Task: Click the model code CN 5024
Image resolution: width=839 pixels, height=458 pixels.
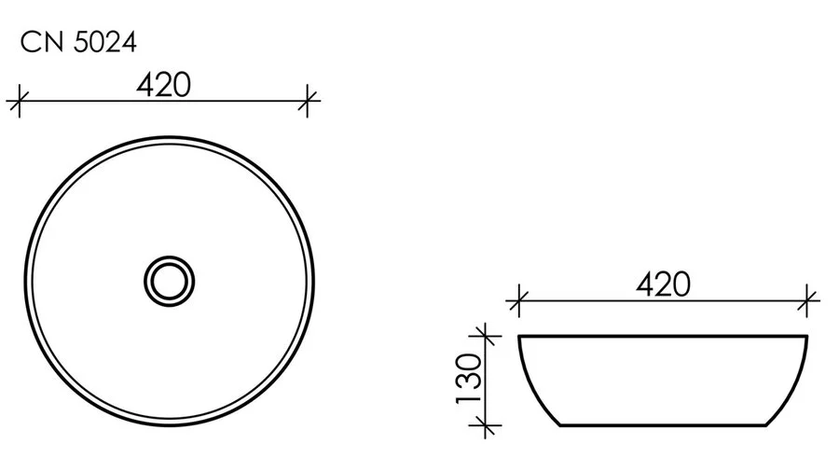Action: point(78,43)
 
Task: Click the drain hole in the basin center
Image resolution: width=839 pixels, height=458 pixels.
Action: point(170,278)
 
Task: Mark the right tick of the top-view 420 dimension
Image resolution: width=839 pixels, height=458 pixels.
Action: point(308,99)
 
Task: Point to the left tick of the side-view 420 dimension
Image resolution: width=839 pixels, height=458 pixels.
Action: point(518,300)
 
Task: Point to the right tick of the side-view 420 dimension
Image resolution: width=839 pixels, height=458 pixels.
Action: point(807,300)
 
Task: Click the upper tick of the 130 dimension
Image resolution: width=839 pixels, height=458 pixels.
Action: point(483,335)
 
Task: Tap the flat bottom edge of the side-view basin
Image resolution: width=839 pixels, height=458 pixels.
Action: point(663,425)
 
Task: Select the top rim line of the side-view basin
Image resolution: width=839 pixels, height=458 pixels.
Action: point(663,335)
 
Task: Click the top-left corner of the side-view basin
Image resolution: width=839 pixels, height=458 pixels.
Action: point(519,336)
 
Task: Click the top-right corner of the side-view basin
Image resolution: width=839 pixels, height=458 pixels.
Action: point(806,336)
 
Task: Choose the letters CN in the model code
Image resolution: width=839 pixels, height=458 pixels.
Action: point(38,43)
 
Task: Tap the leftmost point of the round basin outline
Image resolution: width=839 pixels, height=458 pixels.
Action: point(23,278)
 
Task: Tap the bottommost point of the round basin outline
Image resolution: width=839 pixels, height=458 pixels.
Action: point(170,424)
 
